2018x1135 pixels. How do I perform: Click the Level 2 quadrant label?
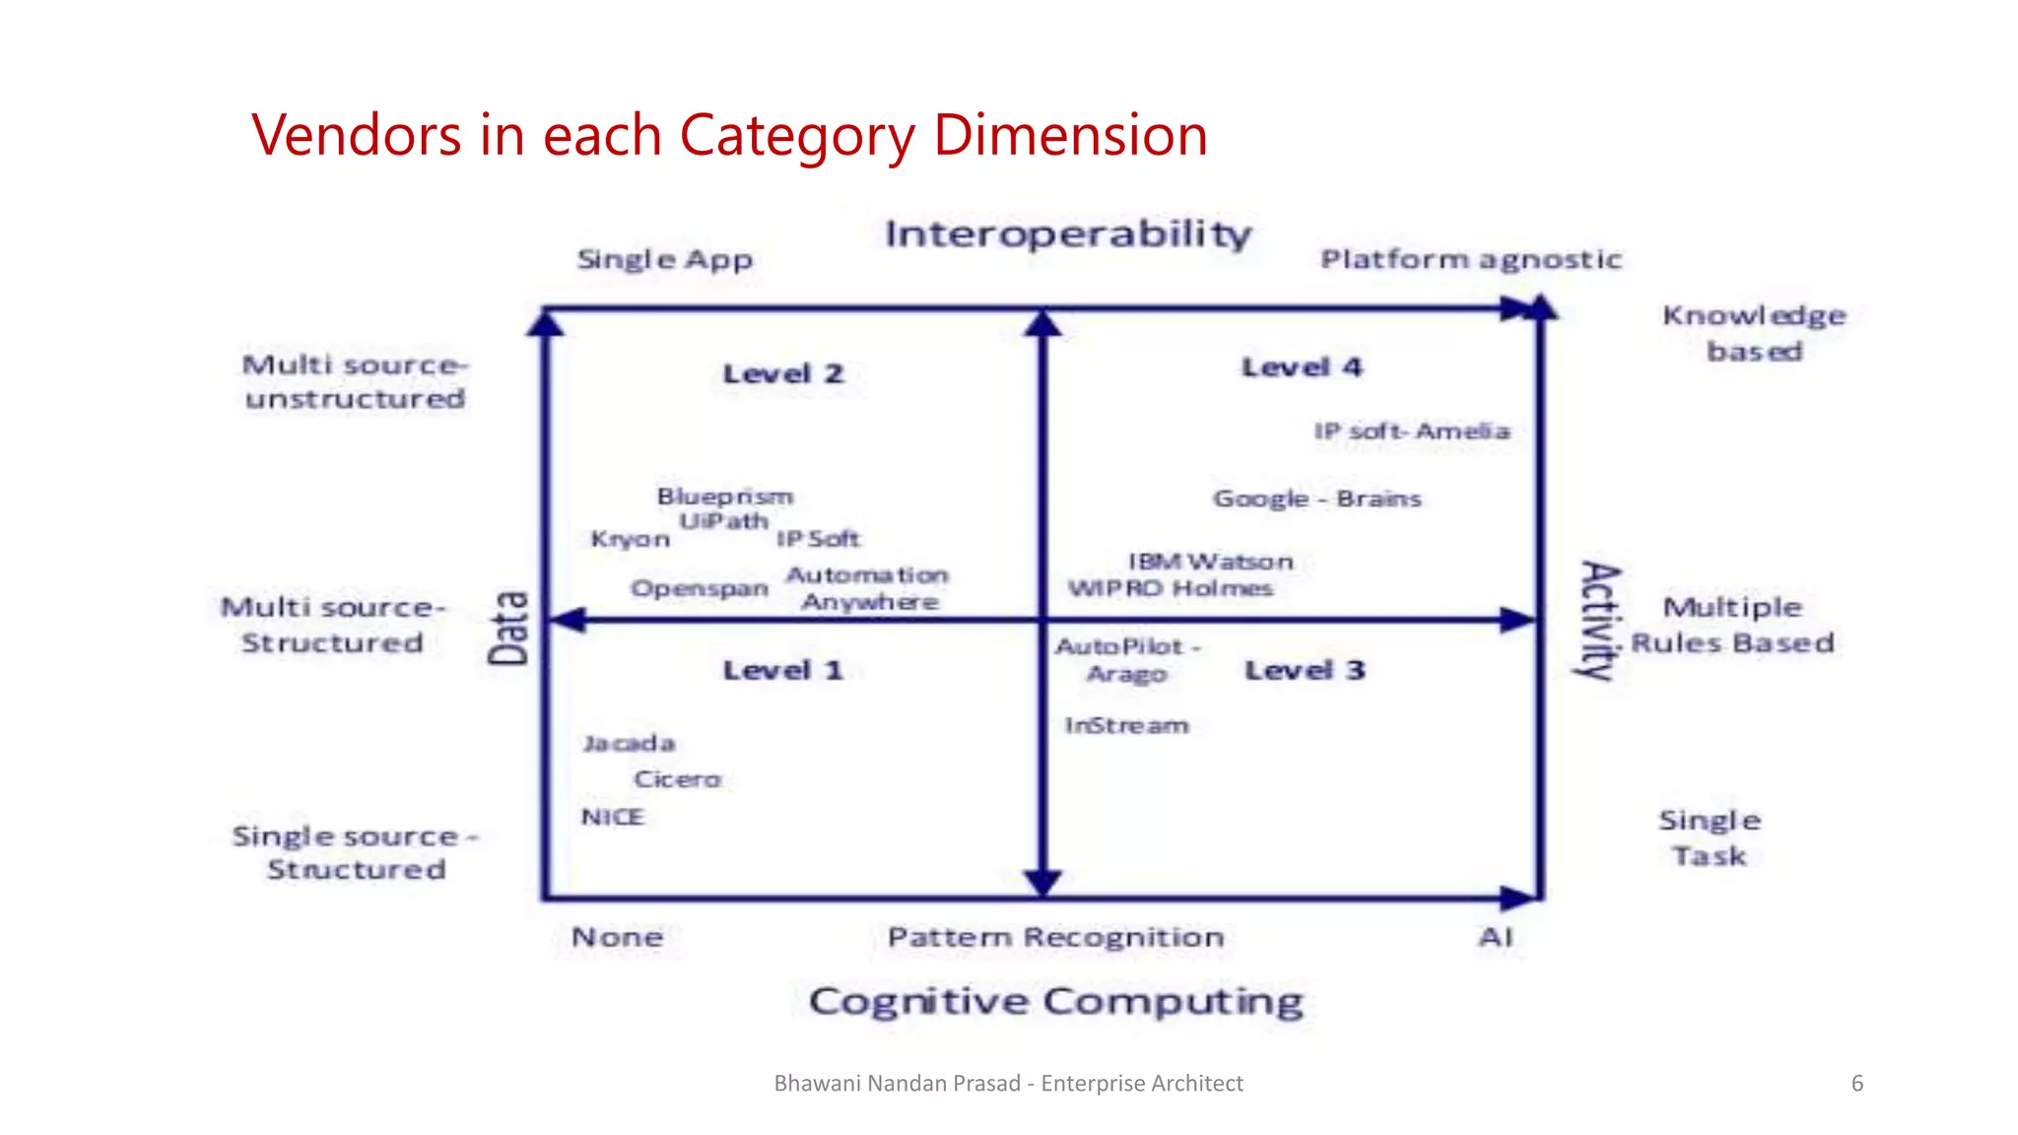coord(783,374)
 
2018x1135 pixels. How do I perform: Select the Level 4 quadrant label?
coord(1302,367)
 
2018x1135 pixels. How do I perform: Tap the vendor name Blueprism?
coord(725,497)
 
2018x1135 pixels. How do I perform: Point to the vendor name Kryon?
coord(630,539)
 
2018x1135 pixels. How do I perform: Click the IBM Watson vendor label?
coord(1210,562)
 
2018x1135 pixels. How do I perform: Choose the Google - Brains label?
coord(1316,499)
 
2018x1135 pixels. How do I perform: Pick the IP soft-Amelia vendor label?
coord(1411,432)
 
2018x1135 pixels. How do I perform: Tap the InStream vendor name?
coord(1126,726)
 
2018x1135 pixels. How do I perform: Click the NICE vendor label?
coord(612,817)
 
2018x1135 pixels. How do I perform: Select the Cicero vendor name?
coord(677,779)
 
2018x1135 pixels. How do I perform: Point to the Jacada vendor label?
coord(629,743)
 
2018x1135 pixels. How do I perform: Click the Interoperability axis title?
coord(1068,234)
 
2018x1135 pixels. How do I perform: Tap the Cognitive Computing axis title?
coord(1055,1001)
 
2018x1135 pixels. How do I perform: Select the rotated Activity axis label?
coord(1599,620)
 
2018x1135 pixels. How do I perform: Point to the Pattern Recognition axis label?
coord(1055,937)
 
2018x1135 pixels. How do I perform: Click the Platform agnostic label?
coord(1470,259)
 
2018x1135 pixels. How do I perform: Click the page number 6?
coord(1856,1084)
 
